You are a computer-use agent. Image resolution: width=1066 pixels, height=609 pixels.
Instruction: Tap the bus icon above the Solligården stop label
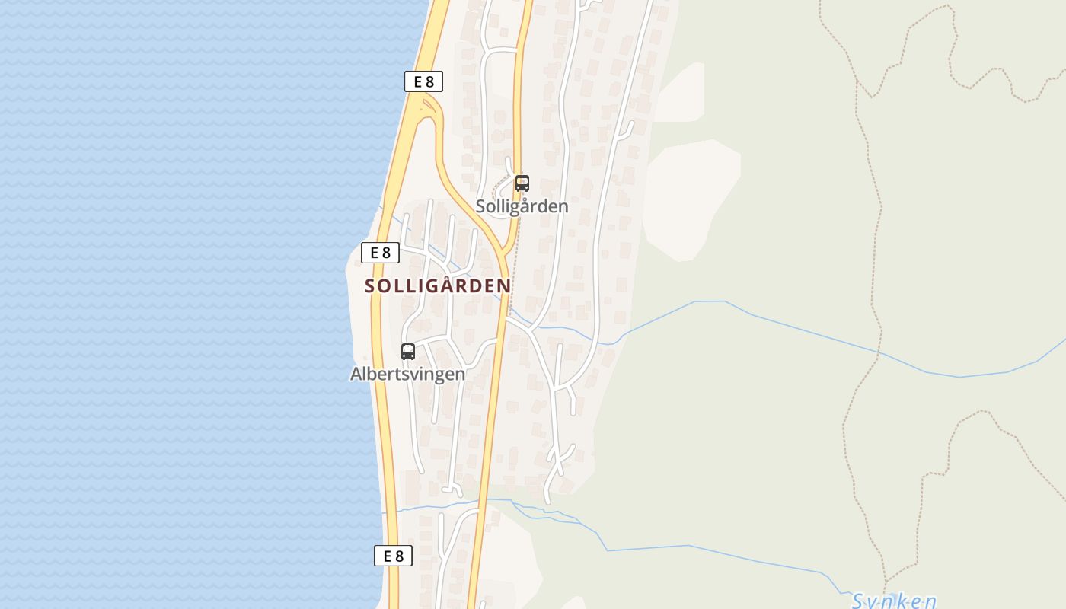(522, 183)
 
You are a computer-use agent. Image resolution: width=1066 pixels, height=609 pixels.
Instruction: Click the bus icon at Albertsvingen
(408, 351)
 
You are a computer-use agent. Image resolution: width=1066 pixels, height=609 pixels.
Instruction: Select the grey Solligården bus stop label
(522, 206)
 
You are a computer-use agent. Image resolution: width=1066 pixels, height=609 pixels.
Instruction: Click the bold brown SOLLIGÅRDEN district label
(438, 286)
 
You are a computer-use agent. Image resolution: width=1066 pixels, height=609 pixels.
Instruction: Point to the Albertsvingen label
(407, 374)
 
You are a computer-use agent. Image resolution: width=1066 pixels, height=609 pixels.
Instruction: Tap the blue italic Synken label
(893, 601)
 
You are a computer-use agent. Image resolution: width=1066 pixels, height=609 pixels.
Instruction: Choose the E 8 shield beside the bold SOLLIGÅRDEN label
(380, 252)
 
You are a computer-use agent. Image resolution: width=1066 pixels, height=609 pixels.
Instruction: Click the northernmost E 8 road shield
(423, 81)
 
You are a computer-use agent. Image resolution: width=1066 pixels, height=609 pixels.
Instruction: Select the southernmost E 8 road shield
(393, 556)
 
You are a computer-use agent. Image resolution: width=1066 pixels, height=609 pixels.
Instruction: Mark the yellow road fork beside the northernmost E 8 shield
(428, 103)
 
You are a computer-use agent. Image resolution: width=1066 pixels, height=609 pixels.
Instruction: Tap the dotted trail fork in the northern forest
(858, 80)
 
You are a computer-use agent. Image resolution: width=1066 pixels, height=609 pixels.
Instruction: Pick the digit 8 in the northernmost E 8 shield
(431, 81)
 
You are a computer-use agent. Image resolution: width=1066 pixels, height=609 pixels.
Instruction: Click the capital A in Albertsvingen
(356, 374)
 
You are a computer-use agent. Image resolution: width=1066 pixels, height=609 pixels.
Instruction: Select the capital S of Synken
(858, 601)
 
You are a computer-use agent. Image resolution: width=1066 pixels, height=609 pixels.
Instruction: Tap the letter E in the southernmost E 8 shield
(387, 556)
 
